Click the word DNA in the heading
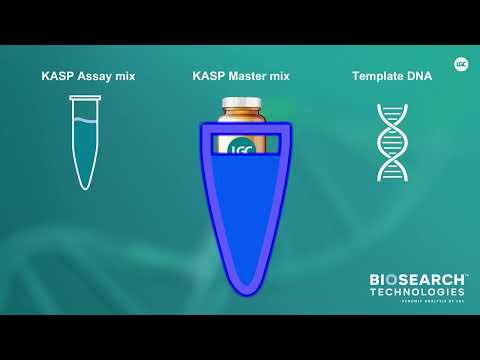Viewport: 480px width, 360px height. (x=419, y=76)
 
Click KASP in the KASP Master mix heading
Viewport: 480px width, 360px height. (x=209, y=76)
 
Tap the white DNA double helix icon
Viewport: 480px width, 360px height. (x=392, y=141)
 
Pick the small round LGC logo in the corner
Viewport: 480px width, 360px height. (x=461, y=62)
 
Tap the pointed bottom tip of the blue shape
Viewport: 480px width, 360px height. (x=243, y=293)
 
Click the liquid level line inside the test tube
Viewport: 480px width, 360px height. (x=86, y=121)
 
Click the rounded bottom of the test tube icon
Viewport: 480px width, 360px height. (x=86, y=184)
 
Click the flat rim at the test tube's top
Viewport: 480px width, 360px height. (x=86, y=97)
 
